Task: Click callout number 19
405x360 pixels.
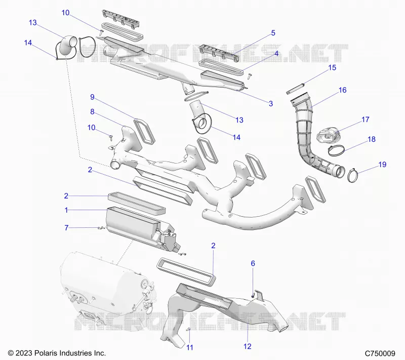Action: (x=382, y=165)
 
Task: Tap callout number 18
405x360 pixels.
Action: (x=371, y=139)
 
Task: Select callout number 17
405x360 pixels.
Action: (x=365, y=119)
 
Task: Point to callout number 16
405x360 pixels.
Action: (x=342, y=90)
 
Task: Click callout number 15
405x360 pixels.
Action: (x=332, y=68)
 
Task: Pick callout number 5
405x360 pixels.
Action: (x=273, y=33)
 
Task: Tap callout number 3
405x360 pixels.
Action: (x=271, y=104)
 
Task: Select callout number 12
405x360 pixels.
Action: (x=247, y=346)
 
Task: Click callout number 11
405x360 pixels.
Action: (x=189, y=348)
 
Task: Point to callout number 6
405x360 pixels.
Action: (x=253, y=263)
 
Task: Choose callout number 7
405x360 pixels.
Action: (x=66, y=228)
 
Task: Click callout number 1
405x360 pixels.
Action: (x=66, y=210)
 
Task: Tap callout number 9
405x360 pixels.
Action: (x=92, y=97)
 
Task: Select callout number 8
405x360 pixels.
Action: (x=92, y=112)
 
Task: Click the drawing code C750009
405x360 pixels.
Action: (x=380, y=353)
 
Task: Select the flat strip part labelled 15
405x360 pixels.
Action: (x=295, y=89)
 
